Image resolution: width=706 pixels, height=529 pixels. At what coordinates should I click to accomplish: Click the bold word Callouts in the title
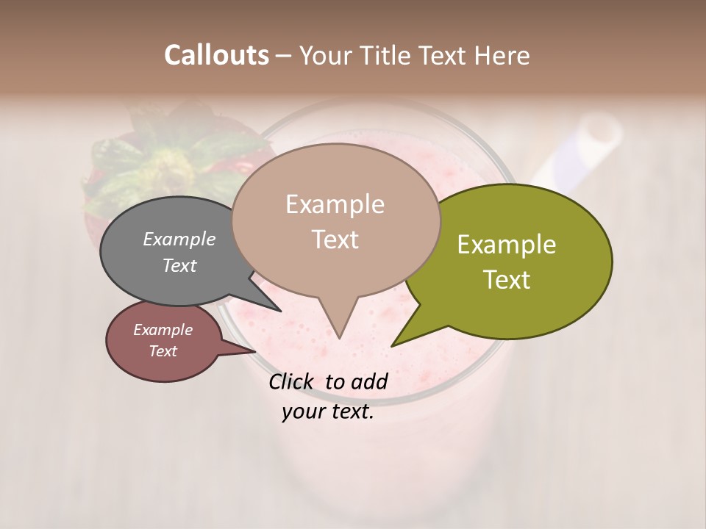click(216, 55)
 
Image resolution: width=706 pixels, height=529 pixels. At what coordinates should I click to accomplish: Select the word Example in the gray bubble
click(179, 239)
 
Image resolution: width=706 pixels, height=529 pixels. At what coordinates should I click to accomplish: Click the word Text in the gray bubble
click(179, 265)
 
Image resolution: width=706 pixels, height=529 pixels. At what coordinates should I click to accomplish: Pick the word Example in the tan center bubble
click(335, 204)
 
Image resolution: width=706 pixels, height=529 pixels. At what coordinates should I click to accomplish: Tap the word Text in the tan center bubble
click(335, 240)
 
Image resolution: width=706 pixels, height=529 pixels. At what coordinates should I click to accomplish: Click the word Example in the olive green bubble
click(507, 245)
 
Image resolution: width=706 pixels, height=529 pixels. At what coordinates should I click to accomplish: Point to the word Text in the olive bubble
click(507, 280)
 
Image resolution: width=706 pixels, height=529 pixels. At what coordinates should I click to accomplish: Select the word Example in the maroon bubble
click(163, 330)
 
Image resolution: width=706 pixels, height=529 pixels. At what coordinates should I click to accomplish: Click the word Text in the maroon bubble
click(163, 351)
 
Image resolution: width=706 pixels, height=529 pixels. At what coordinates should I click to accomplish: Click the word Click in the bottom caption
click(293, 381)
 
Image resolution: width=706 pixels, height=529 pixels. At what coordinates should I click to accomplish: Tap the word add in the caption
click(368, 381)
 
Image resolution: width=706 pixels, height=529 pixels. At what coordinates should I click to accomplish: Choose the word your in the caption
click(302, 412)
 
